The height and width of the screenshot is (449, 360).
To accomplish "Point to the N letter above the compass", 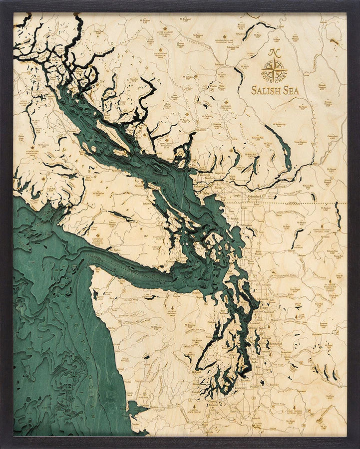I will (x=273, y=52).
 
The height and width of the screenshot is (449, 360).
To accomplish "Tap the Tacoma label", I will (x=245, y=381).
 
